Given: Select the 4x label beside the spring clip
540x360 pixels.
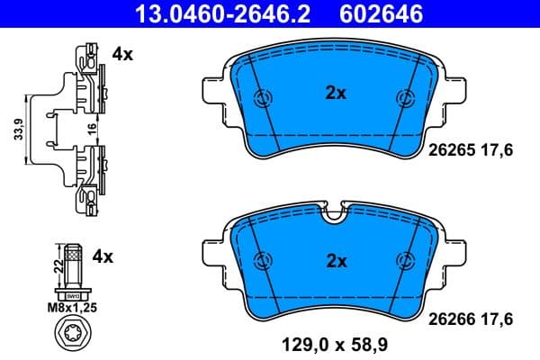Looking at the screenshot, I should point(122,54).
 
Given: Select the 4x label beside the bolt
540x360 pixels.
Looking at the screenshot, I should point(103,256).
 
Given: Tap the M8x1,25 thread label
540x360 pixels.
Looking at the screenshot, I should point(72,308).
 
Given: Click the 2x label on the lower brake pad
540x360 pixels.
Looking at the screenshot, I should point(336,261).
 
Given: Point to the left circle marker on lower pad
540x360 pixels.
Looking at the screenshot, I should point(263,260).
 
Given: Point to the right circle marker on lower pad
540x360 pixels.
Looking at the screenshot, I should point(403,260).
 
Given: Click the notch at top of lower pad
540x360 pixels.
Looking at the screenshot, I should point(335,214).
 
